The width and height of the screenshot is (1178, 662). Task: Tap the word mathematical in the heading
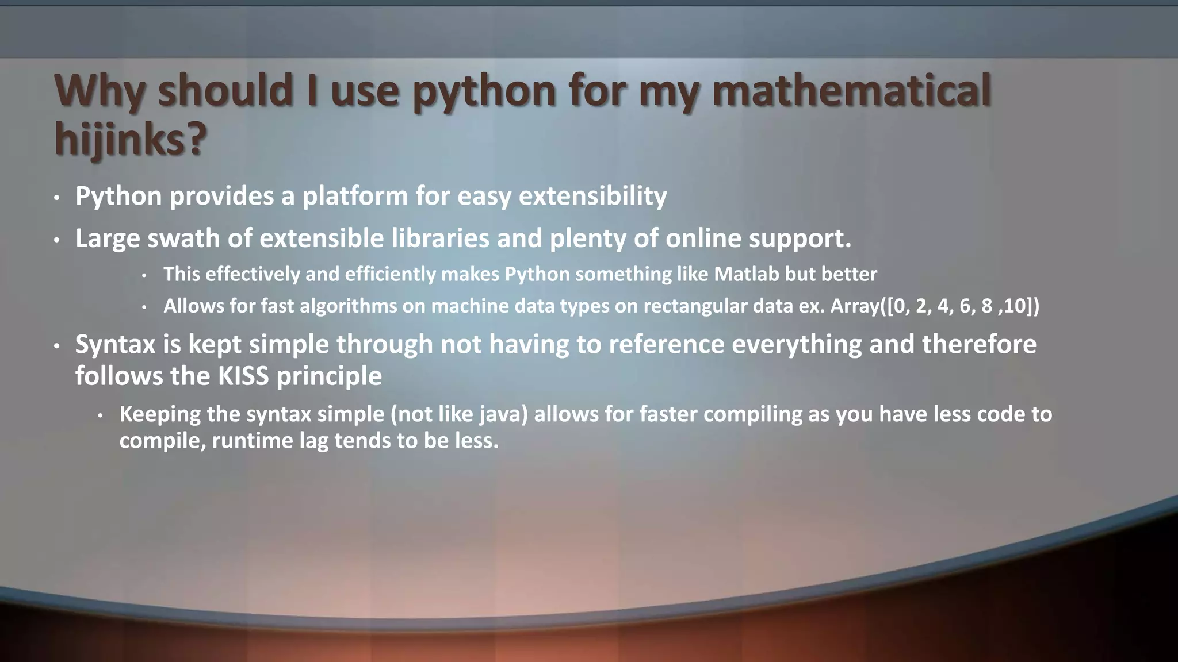851,91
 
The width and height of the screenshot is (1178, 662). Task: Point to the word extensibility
592,197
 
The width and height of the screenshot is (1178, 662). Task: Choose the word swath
183,238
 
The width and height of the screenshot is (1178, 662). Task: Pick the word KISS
243,376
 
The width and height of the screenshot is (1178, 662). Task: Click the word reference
666,345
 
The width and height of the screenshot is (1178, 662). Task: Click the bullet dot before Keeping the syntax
100,415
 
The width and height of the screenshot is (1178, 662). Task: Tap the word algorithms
348,306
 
